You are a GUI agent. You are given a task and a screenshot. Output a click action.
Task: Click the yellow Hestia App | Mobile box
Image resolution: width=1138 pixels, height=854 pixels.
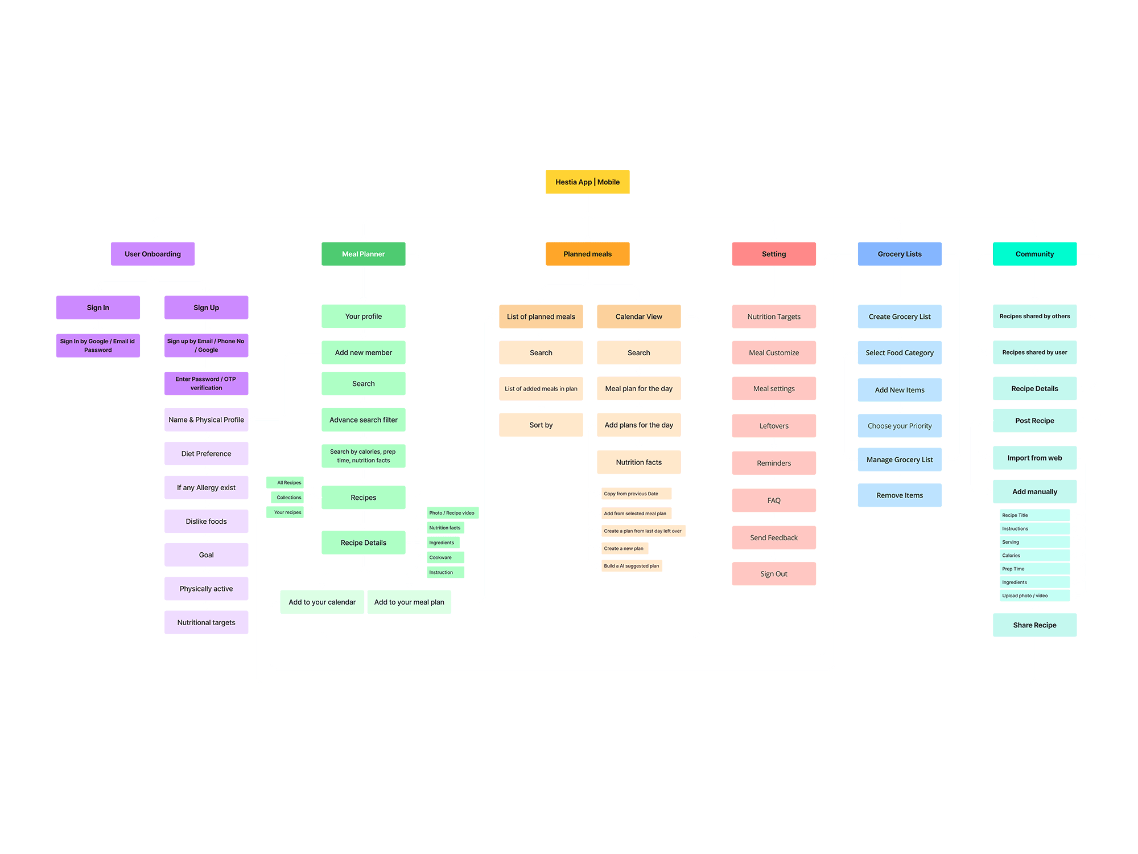[x=587, y=182]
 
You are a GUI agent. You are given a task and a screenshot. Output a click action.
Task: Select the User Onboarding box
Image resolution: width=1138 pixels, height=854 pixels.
[x=152, y=254]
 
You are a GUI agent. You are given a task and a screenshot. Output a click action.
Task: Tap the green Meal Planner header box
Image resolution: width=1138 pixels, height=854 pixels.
[x=363, y=254]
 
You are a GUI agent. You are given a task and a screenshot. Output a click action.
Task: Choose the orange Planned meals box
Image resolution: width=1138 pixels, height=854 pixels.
[x=587, y=254]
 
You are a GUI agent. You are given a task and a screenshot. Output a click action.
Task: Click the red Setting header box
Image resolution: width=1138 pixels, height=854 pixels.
[x=773, y=254]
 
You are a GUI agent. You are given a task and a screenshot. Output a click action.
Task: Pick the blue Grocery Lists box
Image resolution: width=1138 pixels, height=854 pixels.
[x=899, y=254]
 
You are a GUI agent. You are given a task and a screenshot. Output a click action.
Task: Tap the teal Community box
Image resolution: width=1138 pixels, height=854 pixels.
[x=1034, y=254]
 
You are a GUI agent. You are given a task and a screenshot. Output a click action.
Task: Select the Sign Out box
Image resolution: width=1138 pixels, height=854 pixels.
[x=773, y=574]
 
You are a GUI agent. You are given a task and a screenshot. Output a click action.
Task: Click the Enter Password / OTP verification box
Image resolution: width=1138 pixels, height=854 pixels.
[x=206, y=383]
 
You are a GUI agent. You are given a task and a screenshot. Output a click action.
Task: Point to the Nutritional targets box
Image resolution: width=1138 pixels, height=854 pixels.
[x=206, y=622]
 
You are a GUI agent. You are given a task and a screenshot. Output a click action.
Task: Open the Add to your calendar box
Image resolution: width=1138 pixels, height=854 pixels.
[x=322, y=602]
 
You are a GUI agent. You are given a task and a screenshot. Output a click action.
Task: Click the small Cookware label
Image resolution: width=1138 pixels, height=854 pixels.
[x=445, y=557]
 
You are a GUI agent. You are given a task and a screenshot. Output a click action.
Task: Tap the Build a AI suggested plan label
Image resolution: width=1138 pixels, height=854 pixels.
[x=632, y=566]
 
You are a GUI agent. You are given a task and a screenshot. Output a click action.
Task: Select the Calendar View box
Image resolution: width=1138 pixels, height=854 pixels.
[x=638, y=317]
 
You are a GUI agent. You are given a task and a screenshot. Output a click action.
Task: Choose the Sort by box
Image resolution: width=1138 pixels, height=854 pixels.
[x=541, y=425]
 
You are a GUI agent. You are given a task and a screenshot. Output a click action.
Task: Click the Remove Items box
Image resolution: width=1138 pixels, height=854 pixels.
[x=899, y=495]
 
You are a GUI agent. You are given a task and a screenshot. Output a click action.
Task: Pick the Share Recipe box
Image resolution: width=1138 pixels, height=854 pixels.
[x=1034, y=625]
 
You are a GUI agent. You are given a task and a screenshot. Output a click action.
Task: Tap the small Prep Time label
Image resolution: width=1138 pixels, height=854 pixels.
[x=1034, y=569]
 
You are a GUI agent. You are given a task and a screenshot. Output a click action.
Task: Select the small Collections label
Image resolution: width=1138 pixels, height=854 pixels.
[x=288, y=498]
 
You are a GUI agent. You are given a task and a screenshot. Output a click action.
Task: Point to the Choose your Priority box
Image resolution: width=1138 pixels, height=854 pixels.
[x=899, y=426]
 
